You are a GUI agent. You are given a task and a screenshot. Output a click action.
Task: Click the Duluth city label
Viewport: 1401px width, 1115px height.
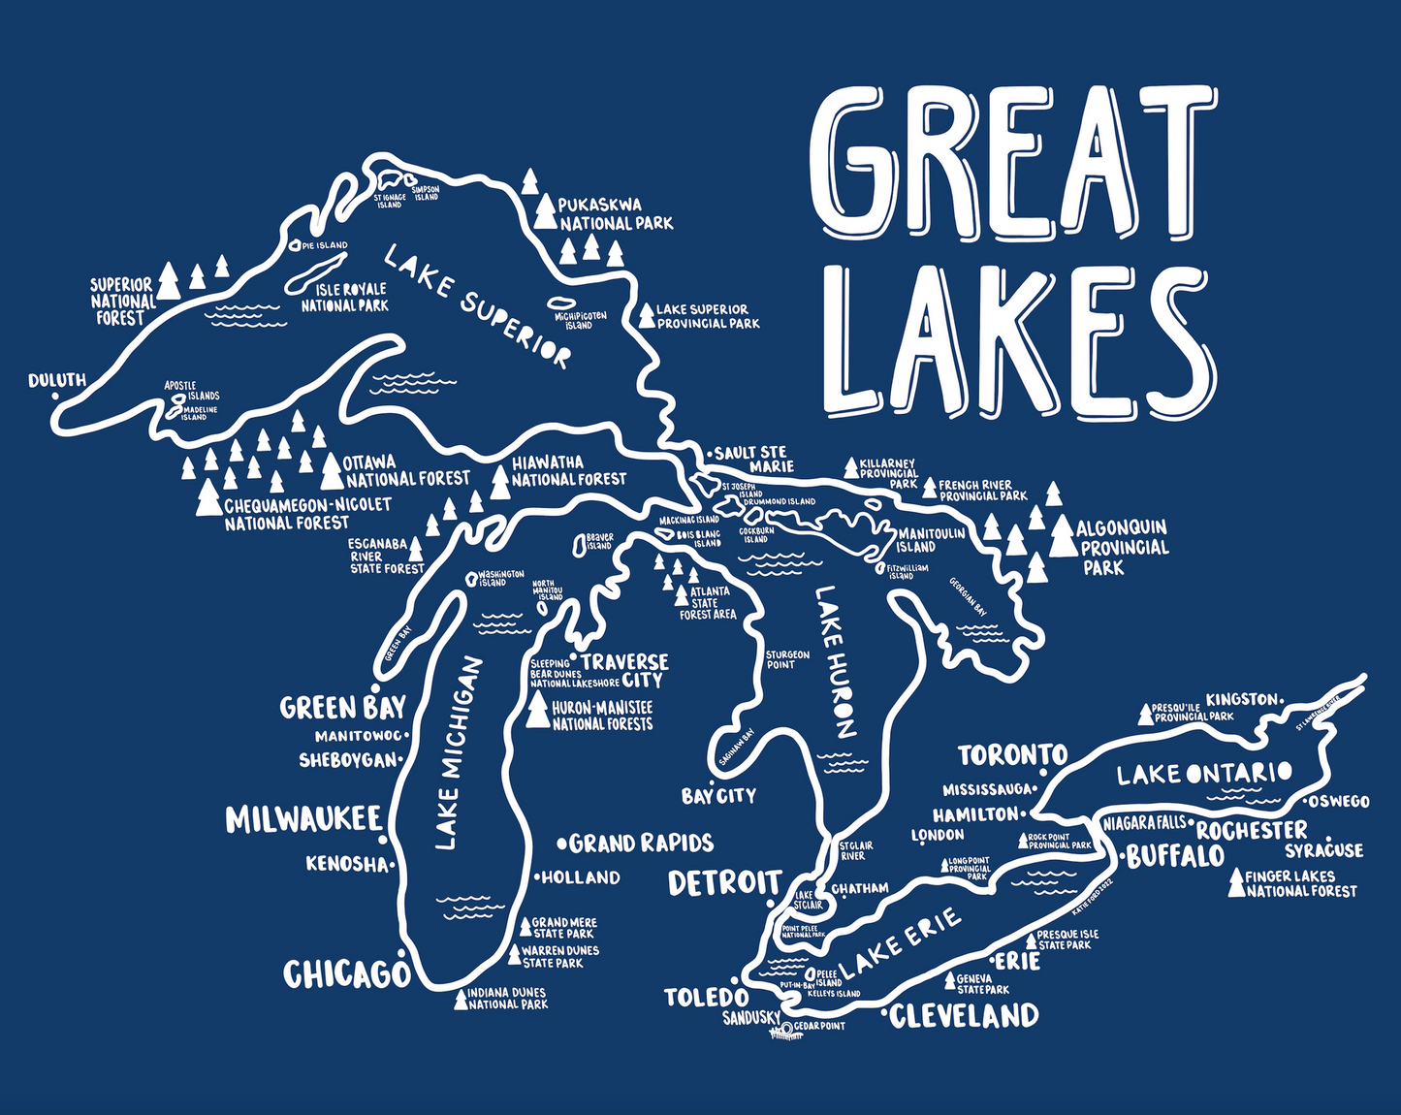tap(57, 380)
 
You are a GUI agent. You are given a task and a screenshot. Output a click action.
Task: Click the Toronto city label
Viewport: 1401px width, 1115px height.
tap(1012, 754)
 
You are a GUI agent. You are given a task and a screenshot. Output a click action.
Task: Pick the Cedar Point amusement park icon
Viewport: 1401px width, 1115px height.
tap(783, 1031)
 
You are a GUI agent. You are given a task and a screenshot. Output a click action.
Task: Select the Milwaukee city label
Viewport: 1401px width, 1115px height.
tap(303, 819)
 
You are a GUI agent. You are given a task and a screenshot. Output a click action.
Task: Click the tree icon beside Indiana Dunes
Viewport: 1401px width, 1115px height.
tap(461, 1000)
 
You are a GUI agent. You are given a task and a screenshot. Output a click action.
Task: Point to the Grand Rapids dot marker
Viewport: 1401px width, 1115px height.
tap(561, 843)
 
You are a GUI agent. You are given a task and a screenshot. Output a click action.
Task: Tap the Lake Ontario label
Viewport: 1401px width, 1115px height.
tap(1203, 774)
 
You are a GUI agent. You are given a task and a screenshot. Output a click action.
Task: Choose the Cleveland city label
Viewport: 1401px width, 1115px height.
tap(964, 1015)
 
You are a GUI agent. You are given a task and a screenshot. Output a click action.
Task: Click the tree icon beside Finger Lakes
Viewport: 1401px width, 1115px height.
tap(1236, 882)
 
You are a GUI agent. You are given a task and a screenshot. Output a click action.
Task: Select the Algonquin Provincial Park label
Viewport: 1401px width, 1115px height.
tap(1123, 546)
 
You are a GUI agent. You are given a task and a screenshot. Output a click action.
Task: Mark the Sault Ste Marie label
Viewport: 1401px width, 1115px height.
tap(751, 459)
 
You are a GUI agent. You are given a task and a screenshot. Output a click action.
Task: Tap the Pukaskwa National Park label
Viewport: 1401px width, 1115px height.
tap(616, 213)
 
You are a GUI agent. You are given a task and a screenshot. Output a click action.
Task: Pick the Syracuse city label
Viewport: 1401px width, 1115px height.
tap(1323, 850)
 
